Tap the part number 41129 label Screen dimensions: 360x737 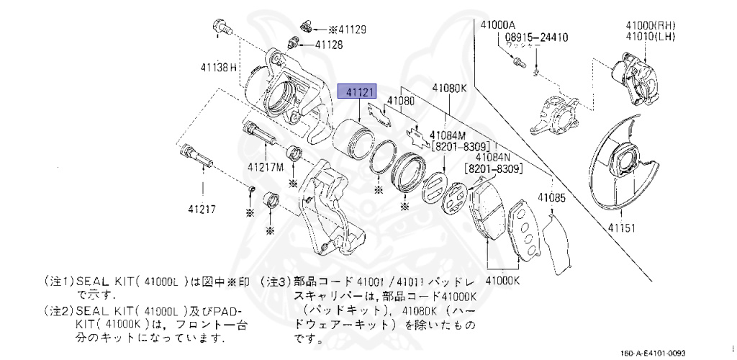[x=348, y=30]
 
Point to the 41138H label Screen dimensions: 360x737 [x=219, y=68]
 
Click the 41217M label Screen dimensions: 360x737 [x=266, y=167]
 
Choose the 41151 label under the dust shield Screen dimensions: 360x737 [x=623, y=228]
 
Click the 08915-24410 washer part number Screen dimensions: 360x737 [x=536, y=36]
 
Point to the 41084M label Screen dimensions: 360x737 [x=448, y=135]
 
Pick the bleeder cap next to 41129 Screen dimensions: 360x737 [x=304, y=27]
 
